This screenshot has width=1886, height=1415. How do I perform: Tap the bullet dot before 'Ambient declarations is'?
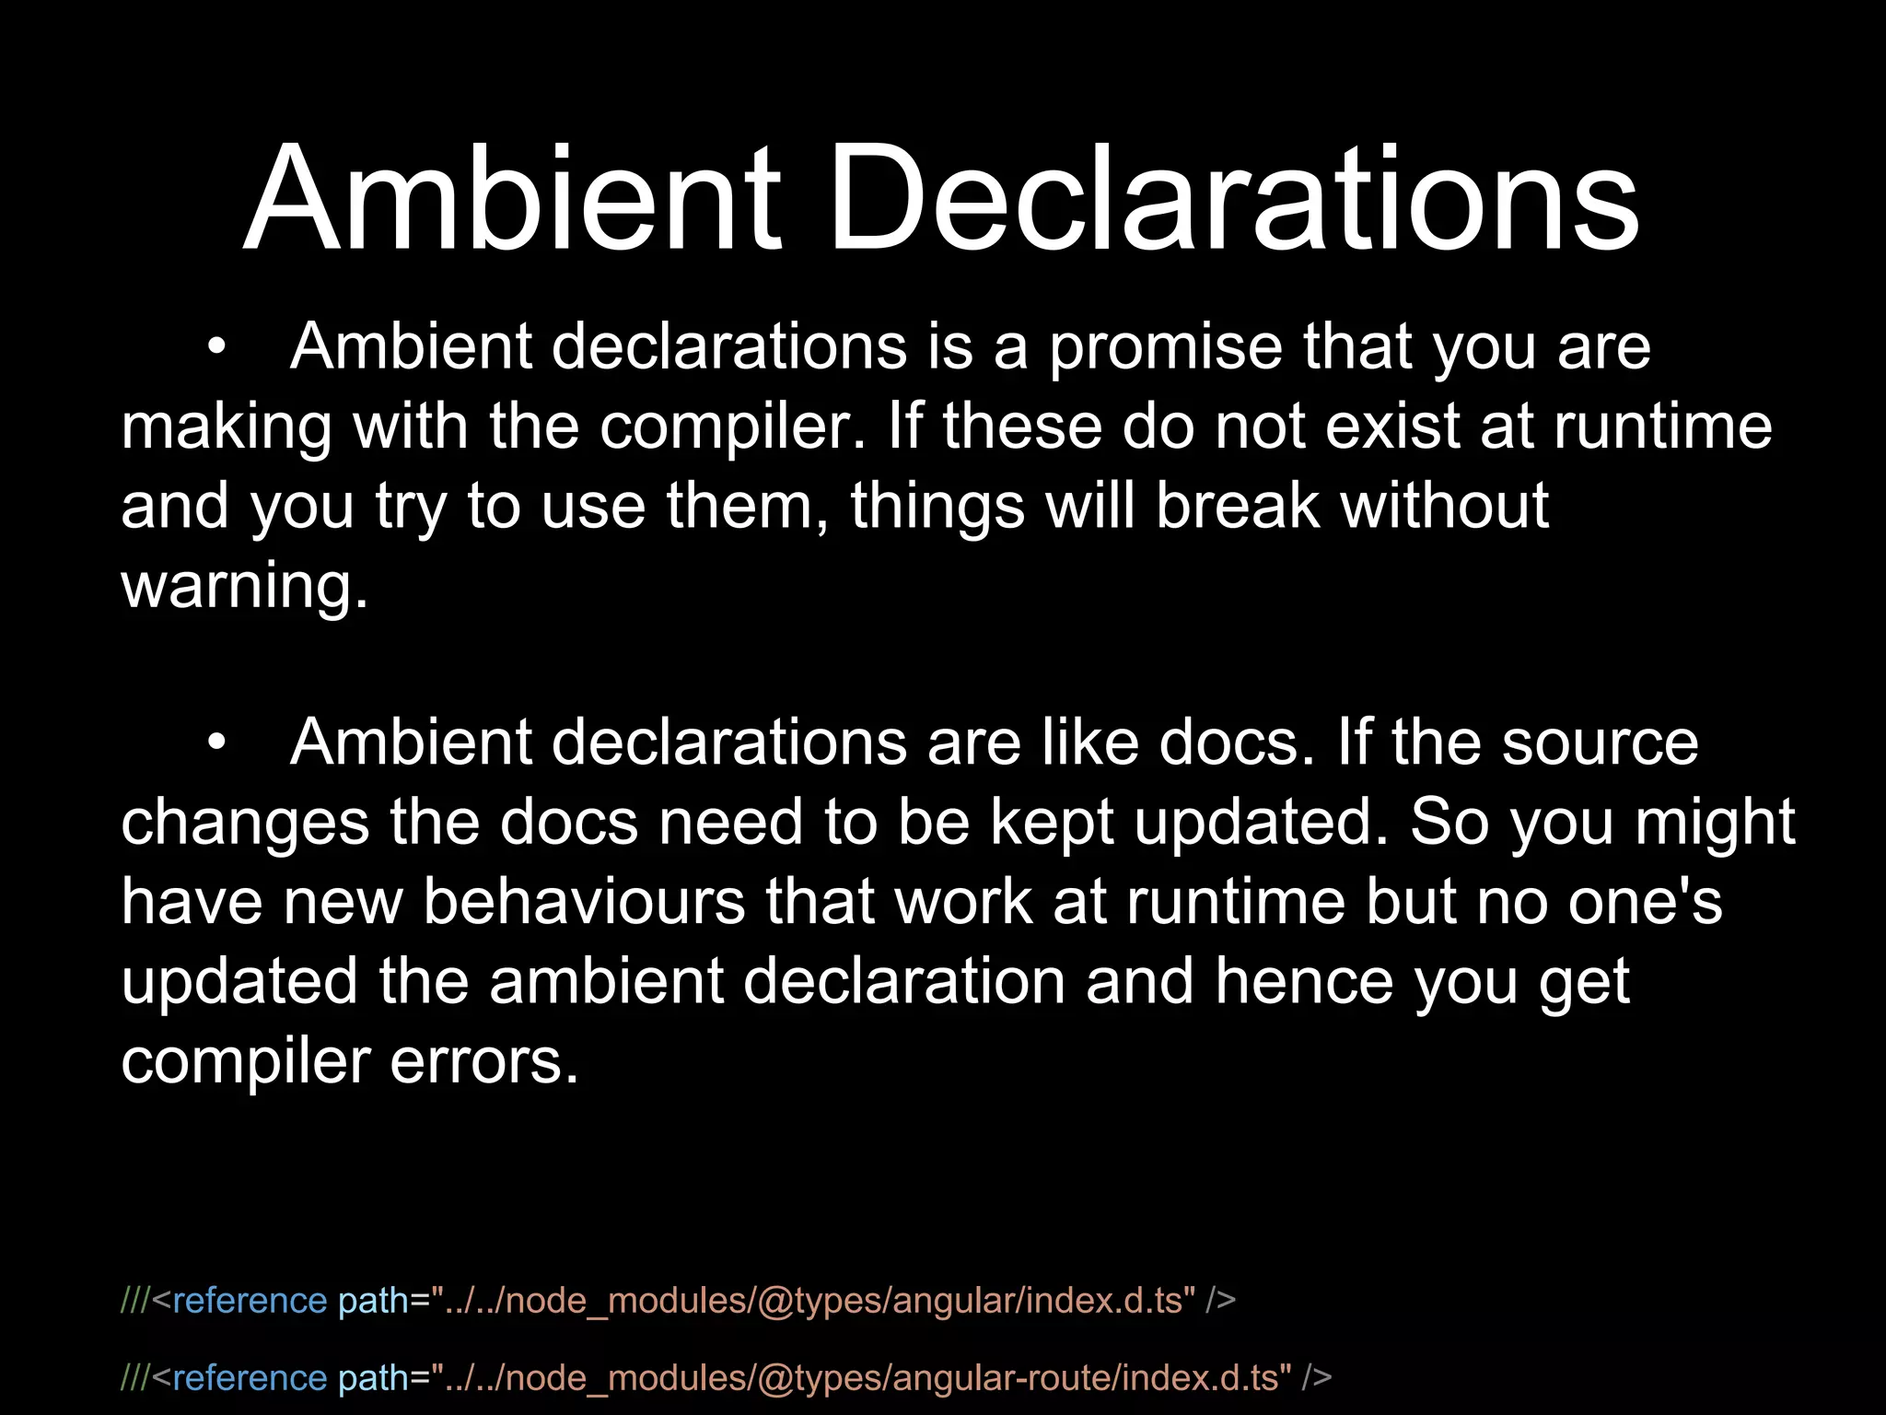216,348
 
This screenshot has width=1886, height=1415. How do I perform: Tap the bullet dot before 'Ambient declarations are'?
216,743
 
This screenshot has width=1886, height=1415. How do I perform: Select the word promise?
1166,348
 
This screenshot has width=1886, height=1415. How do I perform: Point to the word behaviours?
584,901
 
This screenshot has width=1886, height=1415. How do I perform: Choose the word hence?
1304,980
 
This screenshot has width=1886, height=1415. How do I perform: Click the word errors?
484,1060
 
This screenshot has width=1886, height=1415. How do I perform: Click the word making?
227,427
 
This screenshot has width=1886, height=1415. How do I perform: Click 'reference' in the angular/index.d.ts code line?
249,1300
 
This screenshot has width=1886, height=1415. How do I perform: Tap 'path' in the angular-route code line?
373,1377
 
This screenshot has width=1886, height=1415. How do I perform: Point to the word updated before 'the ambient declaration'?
239,980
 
